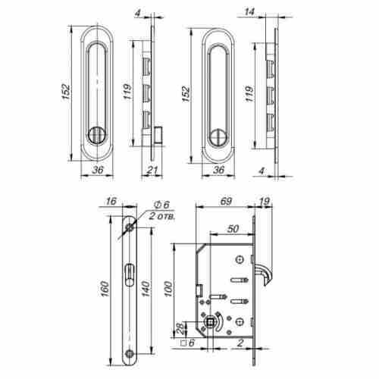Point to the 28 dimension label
point(179,327)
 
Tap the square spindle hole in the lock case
point(207,326)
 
